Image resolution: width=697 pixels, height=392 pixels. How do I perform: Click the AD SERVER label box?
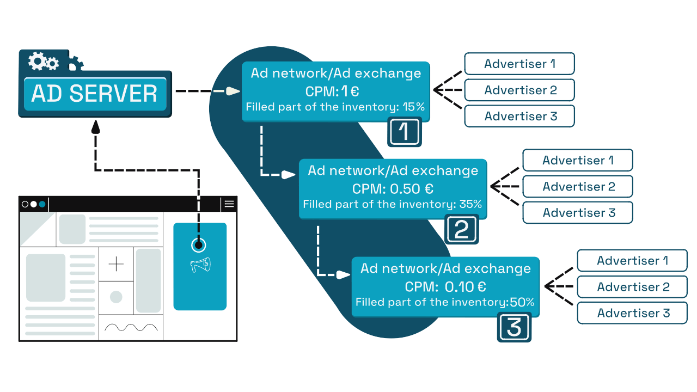tap(95, 94)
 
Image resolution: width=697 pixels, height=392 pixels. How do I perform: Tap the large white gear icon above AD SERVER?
tap(38, 60)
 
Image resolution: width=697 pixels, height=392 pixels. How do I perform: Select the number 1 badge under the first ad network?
tap(405, 132)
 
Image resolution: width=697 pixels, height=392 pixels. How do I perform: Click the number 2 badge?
tap(462, 229)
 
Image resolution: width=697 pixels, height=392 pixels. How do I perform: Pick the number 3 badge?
tap(514, 328)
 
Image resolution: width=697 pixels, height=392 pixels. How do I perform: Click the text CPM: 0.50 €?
tap(393, 188)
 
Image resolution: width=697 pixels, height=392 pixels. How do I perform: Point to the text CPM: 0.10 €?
tap(445, 286)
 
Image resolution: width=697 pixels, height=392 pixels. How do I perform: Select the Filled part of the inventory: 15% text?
tap(335, 107)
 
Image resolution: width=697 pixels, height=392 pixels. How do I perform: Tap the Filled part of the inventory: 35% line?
tap(392, 204)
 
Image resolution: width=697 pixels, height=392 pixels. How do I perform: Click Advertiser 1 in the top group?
tap(519, 64)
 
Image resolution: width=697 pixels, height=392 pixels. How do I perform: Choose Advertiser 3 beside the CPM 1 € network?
tap(519, 116)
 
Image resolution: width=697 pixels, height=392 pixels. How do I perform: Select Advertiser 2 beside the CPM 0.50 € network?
tap(578, 186)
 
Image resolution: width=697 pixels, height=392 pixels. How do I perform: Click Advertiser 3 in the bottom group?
tap(633, 313)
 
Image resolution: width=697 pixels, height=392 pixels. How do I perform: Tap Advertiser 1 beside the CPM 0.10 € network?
tap(633, 260)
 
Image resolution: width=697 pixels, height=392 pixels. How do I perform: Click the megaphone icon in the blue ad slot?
tap(200, 265)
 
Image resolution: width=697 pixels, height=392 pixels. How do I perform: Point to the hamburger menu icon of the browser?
tap(229, 204)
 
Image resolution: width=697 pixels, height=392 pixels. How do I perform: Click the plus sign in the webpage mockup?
tap(116, 265)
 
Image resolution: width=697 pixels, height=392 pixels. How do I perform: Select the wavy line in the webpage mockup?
tap(131, 327)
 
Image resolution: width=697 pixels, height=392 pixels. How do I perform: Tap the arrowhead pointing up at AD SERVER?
tap(95, 126)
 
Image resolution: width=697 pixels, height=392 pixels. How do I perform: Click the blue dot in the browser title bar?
tap(42, 204)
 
